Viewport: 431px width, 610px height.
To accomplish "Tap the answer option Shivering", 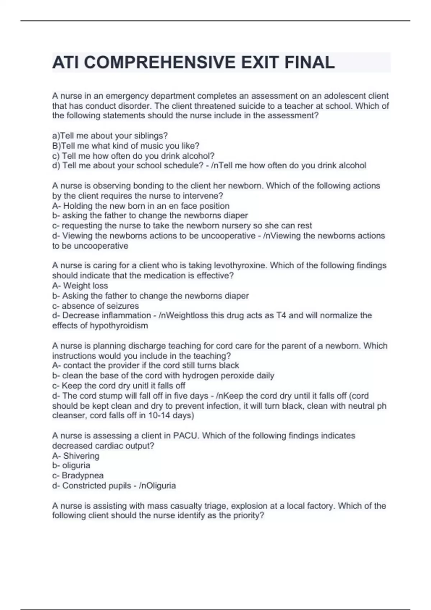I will [81, 456].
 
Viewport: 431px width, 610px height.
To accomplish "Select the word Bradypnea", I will [83, 475].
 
